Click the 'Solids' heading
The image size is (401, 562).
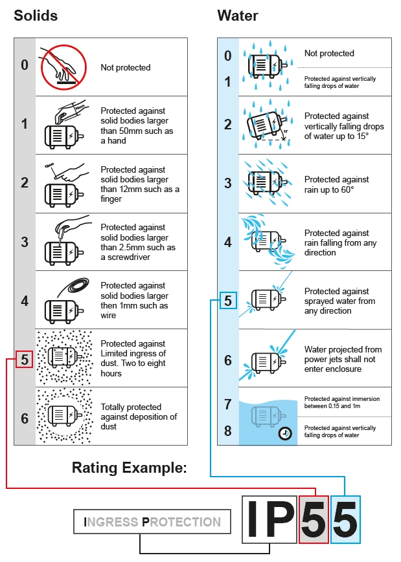pos(36,16)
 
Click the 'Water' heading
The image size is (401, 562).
pos(238,16)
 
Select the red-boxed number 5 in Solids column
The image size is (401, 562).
pos(24,360)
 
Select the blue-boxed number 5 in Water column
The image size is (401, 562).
pos(227,301)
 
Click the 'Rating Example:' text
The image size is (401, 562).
pos(129,468)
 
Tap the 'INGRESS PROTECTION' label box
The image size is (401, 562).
pos(152,522)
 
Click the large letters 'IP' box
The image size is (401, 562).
pos(269,519)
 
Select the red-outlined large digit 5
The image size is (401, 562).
pos(314,519)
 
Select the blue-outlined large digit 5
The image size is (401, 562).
pos(345,519)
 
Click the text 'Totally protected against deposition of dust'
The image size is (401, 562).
pos(139,416)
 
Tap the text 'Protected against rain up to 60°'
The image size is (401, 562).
pos(337,184)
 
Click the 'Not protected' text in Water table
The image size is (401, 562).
pos(329,54)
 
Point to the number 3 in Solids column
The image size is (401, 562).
pos(25,242)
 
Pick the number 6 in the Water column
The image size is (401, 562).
pos(227,361)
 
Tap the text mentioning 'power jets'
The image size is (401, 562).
pos(343,359)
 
